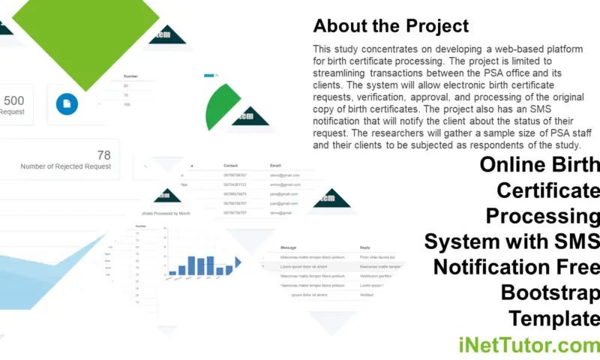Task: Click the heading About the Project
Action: click(x=391, y=26)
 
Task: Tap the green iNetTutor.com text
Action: click(x=529, y=345)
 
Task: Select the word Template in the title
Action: click(x=554, y=317)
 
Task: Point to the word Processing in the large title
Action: click(x=543, y=216)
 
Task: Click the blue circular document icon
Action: click(x=67, y=104)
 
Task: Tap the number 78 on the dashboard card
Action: click(x=103, y=155)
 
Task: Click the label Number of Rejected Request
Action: click(x=66, y=166)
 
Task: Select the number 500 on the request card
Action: click(x=14, y=100)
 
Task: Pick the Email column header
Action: click(x=276, y=165)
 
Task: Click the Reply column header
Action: click(x=365, y=247)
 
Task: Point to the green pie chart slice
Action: click(x=222, y=109)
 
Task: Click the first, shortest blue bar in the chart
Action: click(x=172, y=273)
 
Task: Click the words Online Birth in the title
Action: click(x=540, y=165)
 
